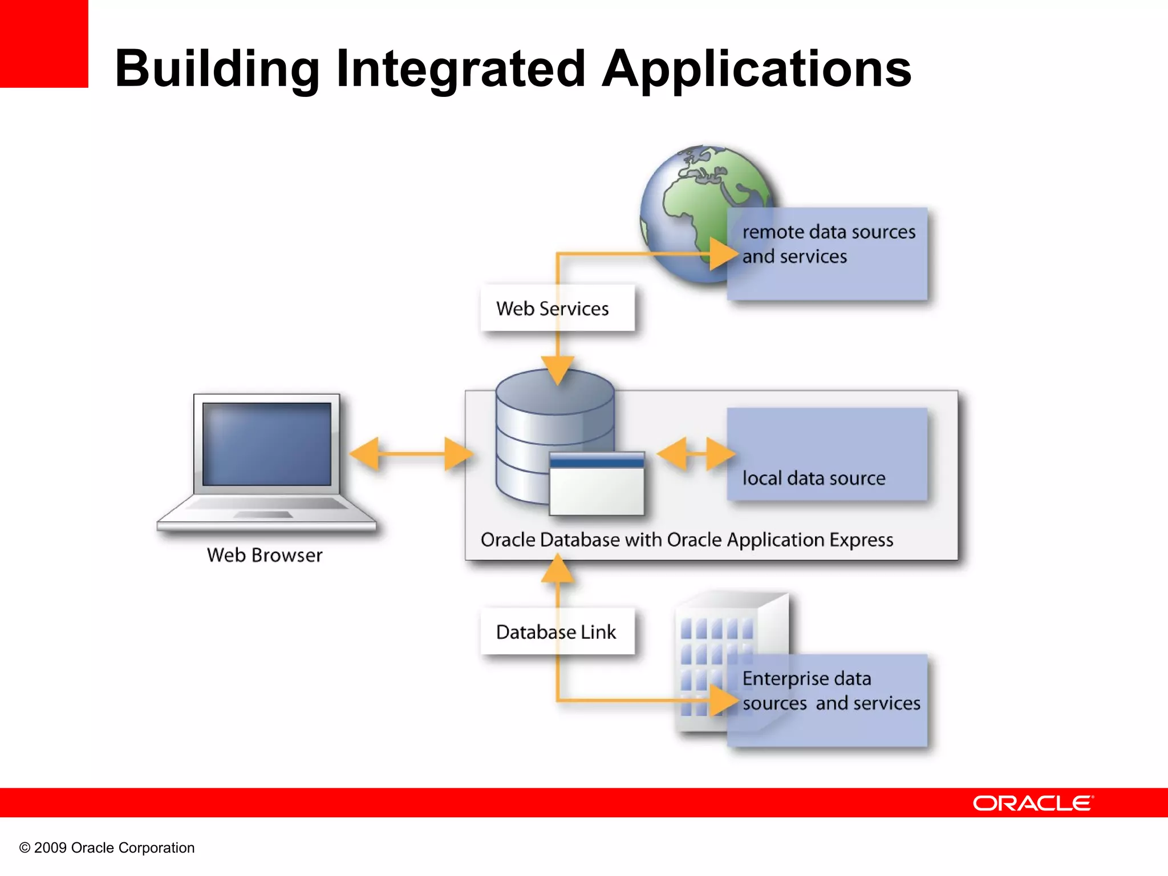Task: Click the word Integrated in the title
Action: (x=461, y=70)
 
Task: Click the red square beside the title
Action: (x=44, y=43)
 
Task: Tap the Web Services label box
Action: (x=557, y=308)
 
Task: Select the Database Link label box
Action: (x=557, y=631)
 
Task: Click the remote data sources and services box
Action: (x=827, y=254)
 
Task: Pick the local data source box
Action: (x=827, y=455)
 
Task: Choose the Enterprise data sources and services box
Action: (x=827, y=700)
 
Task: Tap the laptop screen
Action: (x=266, y=444)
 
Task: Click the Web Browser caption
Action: (x=265, y=555)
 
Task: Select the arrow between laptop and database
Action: (x=411, y=454)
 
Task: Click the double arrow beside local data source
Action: (x=695, y=454)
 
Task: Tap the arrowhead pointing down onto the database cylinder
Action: (x=557, y=369)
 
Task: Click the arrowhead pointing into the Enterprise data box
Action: (x=723, y=700)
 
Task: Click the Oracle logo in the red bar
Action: (x=1032, y=803)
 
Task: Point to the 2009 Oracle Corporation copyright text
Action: (x=107, y=847)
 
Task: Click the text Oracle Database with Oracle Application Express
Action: (x=687, y=540)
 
